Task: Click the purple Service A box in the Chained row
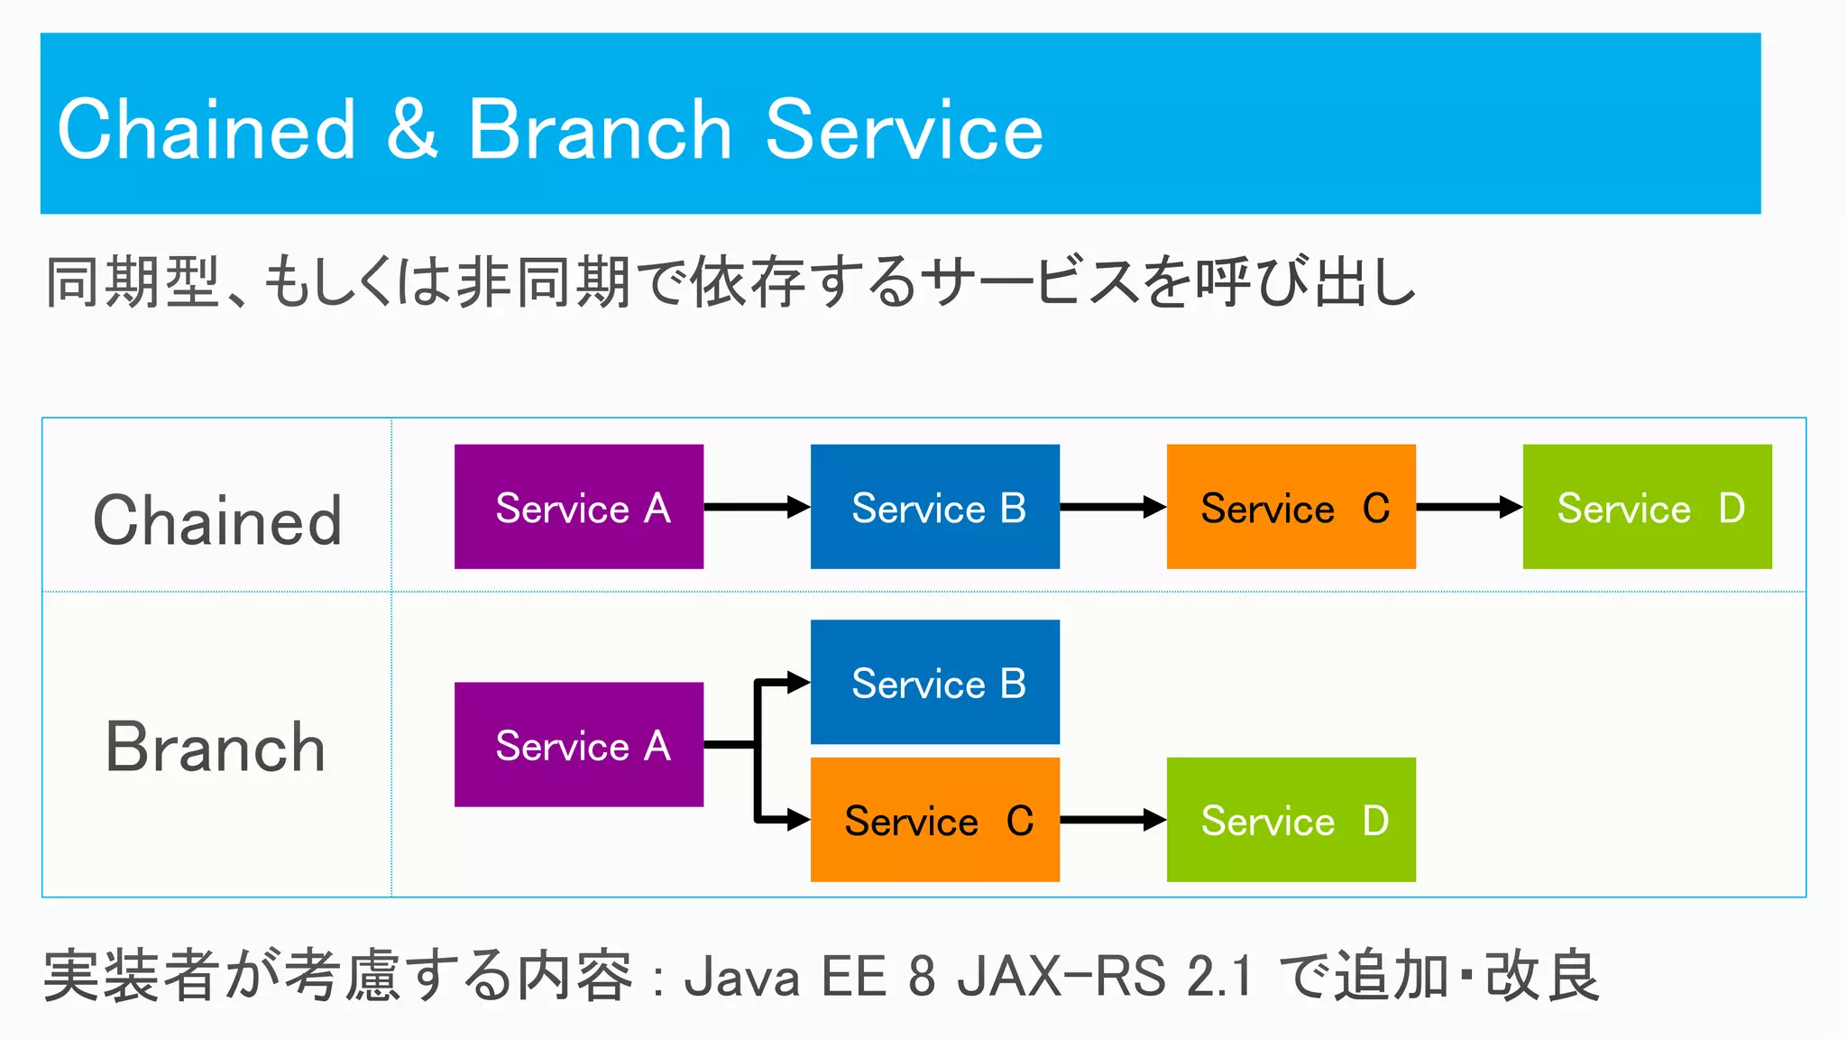[578, 507]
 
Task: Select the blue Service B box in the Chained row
[934, 507]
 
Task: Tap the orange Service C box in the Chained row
[1291, 507]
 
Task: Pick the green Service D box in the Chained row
[1647, 507]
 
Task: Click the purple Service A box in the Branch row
[578, 745]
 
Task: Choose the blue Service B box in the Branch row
[934, 682]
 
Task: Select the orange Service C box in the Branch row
[934, 820]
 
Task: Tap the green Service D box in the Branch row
[1291, 820]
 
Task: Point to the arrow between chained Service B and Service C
[1112, 507]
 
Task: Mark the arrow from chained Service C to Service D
[1468, 507]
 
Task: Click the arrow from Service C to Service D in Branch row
[1112, 820]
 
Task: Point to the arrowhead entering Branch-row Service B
[798, 682]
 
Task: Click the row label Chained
[217, 520]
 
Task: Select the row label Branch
[216, 748]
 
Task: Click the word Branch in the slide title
[599, 131]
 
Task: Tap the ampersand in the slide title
[412, 131]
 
